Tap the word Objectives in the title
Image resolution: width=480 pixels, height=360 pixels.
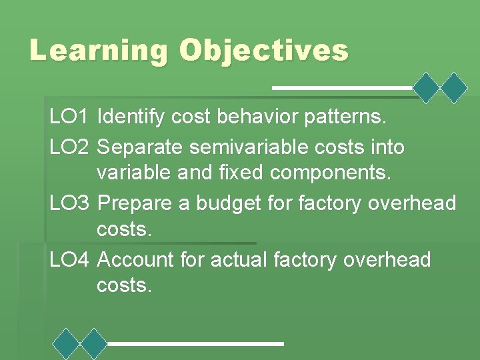click(x=264, y=51)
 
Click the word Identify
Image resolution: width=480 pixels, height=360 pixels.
click(x=131, y=118)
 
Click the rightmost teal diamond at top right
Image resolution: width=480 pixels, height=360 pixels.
click(x=455, y=87)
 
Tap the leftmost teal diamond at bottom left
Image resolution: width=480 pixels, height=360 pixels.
click(x=66, y=344)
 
